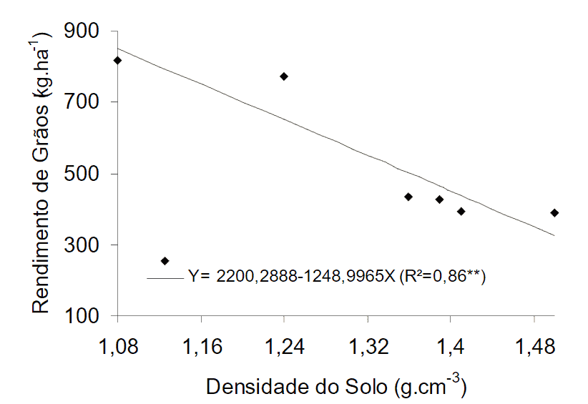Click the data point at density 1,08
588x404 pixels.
coord(118,61)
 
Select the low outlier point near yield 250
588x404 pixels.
coord(165,261)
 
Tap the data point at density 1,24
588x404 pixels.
coord(284,77)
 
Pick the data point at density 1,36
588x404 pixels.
coord(408,197)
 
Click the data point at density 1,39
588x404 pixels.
coord(439,199)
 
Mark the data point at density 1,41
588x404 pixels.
coord(461,212)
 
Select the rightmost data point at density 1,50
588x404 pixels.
coord(554,213)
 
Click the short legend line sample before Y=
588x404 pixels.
coord(165,277)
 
